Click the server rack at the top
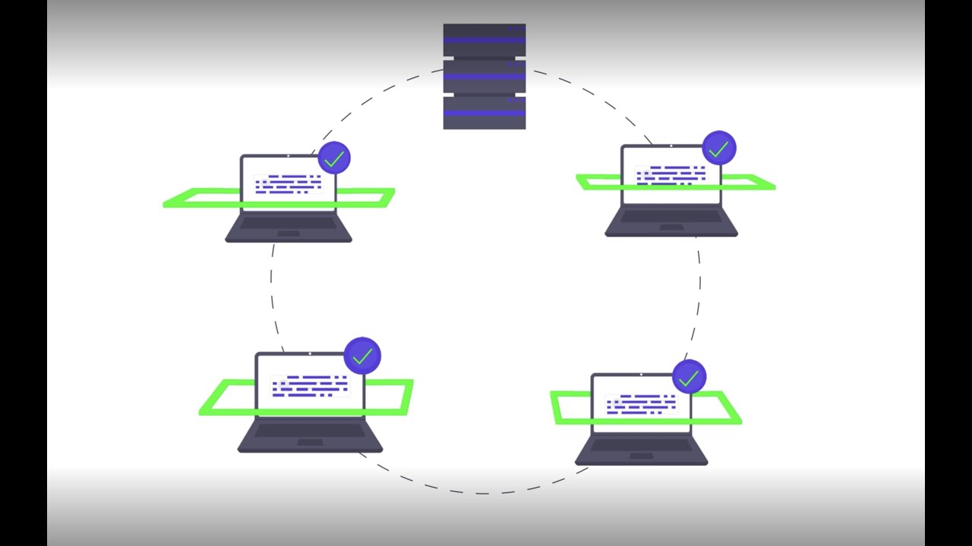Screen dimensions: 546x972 click(484, 76)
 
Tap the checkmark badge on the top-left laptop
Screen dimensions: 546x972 click(334, 158)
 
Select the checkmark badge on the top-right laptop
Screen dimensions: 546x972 click(718, 149)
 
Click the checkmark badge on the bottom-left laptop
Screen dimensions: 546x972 click(362, 356)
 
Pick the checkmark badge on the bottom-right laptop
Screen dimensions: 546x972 click(689, 378)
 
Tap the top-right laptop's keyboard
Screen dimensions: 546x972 click(671, 216)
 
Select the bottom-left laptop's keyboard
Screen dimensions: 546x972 click(310, 430)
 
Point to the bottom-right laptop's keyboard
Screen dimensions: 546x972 click(642, 445)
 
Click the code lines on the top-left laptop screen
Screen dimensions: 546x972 click(288, 184)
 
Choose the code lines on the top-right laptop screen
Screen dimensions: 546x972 click(671, 174)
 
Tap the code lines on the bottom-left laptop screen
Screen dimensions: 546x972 click(310, 385)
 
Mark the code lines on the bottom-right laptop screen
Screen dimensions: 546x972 click(642, 404)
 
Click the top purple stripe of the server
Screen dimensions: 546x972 click(484, 40)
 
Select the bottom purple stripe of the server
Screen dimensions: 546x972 click(484, 113)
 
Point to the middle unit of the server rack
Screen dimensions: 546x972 click(484, 76)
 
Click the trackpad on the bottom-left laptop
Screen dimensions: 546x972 click(310, 441)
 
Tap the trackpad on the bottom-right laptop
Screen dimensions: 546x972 click(642, 456)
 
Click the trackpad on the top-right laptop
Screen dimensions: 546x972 click(671, 227)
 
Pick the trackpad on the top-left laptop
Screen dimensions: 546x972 click(289, 233)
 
